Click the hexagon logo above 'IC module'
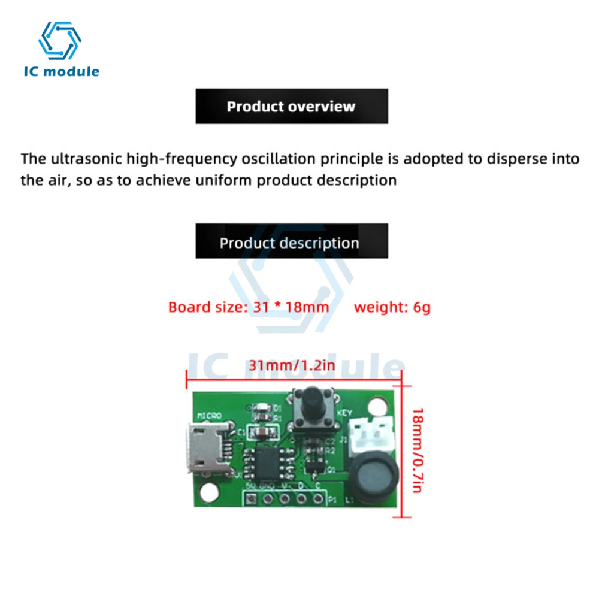click(x=59, y=41)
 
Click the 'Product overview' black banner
click(x=292, y=107)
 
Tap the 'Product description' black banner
click(x=292, y=243)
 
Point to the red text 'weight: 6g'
click(x=392, y=308)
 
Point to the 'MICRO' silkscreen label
click(x=209, y=415)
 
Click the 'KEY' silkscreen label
click(x=344, y=413)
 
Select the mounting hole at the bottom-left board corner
click(x=208, y=493)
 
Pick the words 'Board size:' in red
click(x=204, y=308)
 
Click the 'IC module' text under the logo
click(x=61, y=71)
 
